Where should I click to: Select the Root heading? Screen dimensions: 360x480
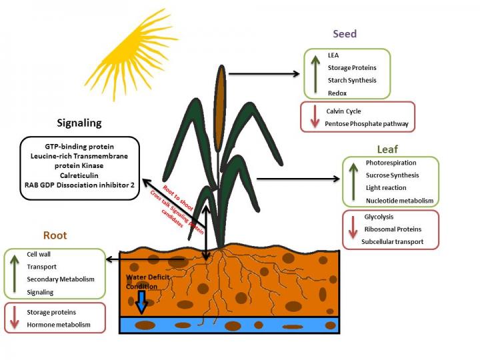coord(55,235)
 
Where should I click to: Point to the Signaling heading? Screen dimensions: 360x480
coord(79,123)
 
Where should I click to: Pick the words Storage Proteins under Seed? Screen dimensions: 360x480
coord(351,67)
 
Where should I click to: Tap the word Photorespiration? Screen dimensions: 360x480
coord(391,163)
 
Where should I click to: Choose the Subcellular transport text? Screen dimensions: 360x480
coord(392,241)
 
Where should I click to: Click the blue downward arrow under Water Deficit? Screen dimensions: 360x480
coord(141,303)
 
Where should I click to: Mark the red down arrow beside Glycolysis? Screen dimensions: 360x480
coord(352,229)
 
